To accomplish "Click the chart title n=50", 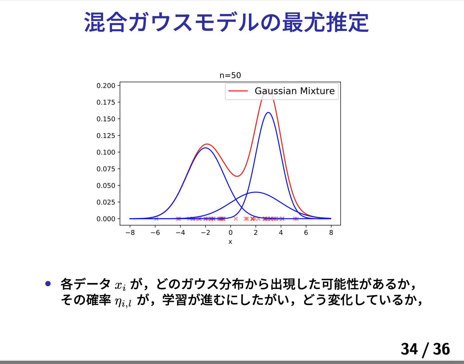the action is (230, 75).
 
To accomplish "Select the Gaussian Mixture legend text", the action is (295, 91).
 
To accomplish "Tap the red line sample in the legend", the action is (238, 91).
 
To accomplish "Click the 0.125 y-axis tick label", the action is (106, 136).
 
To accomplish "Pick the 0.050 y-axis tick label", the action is (106, 185).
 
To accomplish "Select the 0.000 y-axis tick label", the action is (106, 219).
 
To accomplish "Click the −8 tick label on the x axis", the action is (130, 232).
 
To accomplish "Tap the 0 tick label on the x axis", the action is (231, 232).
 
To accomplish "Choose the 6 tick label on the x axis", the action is (306, 232).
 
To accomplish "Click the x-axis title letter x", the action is (230, 242).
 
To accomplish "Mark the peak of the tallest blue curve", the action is (268, 113).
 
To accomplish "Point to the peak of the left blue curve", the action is (205, 148).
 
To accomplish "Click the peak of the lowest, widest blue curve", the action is (256, 192).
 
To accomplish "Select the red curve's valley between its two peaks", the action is (237, 176).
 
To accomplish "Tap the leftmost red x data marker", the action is (156, 218).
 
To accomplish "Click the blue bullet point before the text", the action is (48, 283).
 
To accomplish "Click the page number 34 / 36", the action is (425, 349).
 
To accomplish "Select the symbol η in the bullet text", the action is (118, 301).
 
